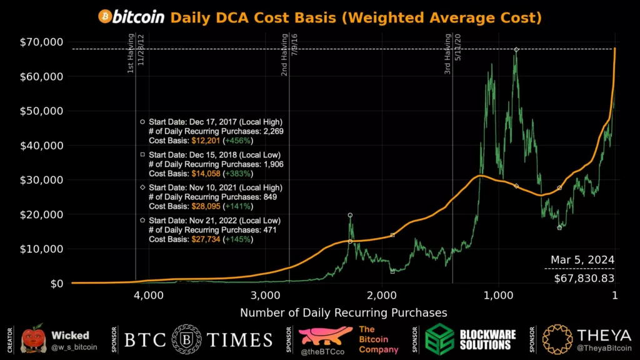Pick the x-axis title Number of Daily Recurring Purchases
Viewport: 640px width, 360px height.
pyautogui.click(x=344, y=312)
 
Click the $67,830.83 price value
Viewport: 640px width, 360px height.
pyautogui.click(x=584, y=277)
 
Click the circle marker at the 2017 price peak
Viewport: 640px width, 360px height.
pyautogui.click(x=350, y=215)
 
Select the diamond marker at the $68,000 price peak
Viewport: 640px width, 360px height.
pyautogui.click(x=516, y=49)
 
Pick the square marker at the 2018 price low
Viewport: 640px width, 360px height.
pyautogui.click(x=392, y=271)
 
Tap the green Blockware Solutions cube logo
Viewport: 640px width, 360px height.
pyautogui.click(x=440, y=340)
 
